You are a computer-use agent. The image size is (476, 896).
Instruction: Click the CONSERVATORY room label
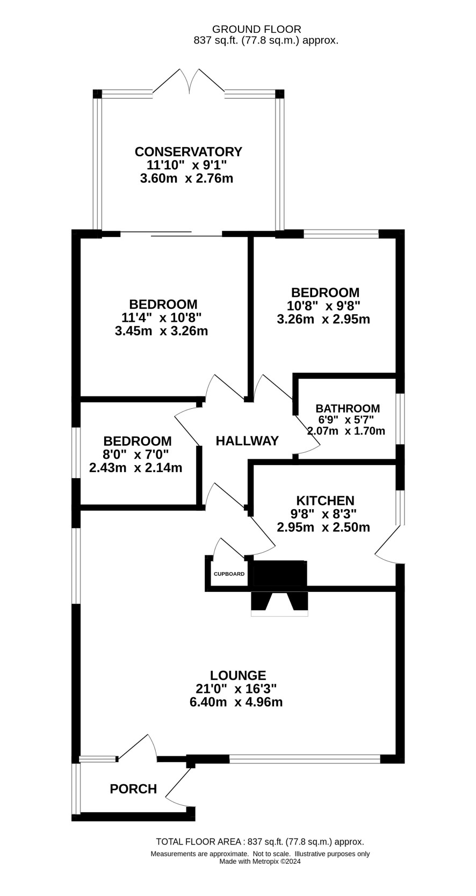[x=189, y=152]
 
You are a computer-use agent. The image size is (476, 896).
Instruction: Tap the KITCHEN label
[x=325, y=501]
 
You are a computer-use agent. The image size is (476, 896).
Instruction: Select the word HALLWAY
[x=247, y=441]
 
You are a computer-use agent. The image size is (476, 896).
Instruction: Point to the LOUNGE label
[x=238, y=675]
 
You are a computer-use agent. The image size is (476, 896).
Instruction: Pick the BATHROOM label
[x=348, y=408]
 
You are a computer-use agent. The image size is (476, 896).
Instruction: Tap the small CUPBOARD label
[x=229, y=574]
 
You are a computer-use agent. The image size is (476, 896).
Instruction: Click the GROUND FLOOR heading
[x=256, y=29]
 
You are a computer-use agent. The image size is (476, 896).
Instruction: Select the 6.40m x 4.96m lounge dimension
[x=236, y=702]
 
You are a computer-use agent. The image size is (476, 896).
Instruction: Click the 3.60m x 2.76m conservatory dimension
[x=187, y=178]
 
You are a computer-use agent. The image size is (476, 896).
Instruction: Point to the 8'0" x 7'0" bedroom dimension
[x=136, y=454]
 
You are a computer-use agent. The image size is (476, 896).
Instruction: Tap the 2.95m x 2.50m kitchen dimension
[x=323, y=527]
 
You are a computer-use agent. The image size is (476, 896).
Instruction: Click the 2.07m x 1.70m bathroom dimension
[x=346, y=431]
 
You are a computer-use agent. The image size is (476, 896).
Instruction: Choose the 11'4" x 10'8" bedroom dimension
[x=161, y=318]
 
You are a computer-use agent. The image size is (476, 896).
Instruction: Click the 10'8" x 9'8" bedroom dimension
[x=323, y=306]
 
